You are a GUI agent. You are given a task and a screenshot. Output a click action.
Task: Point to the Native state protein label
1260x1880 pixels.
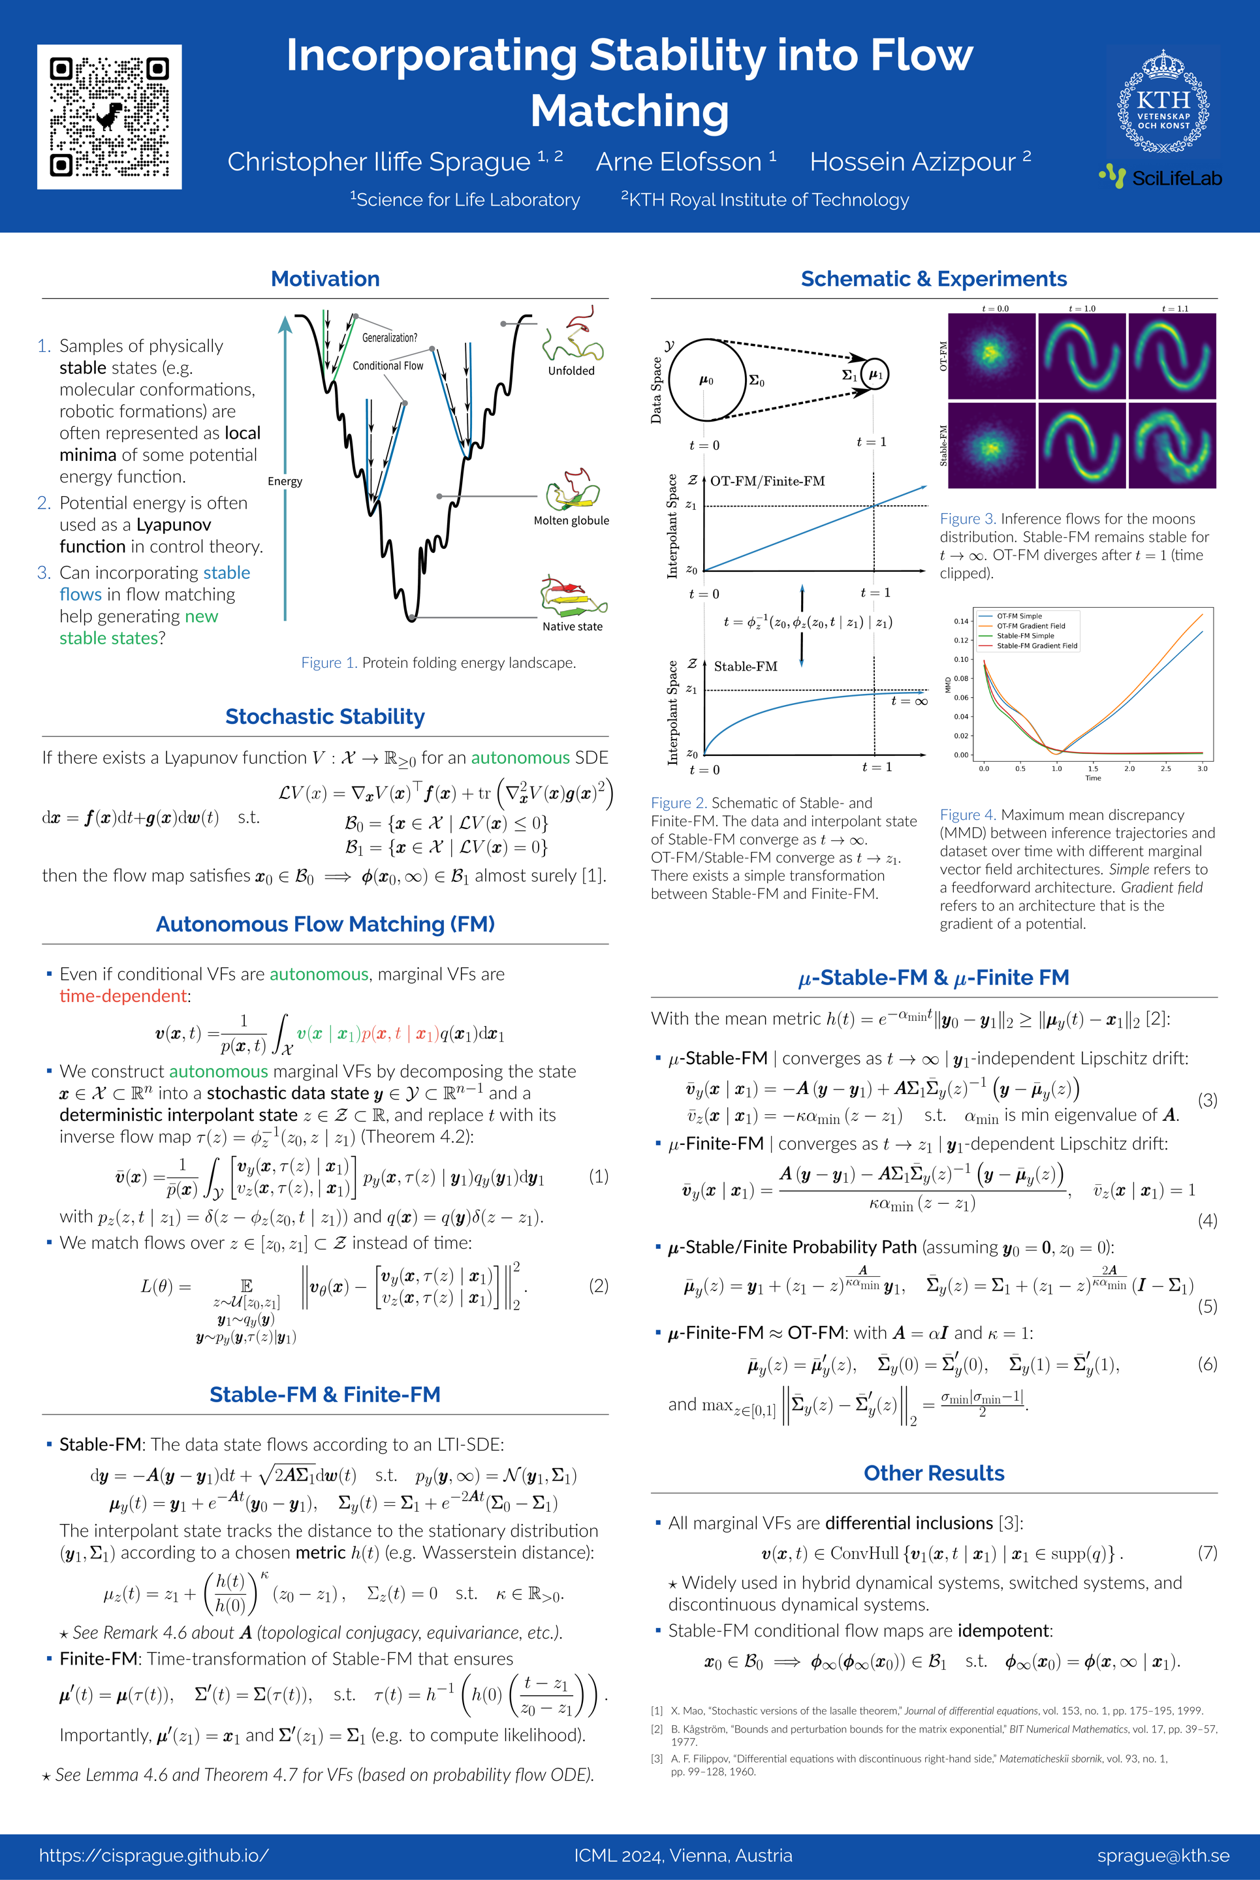click(x=572, y=627)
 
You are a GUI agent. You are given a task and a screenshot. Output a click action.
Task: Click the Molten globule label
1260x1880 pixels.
click(x=571, y=521)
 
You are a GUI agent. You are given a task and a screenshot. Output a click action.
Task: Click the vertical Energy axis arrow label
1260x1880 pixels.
click(x=285, y=481)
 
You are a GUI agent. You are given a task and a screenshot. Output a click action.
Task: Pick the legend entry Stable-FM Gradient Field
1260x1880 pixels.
click(x=1037, y=646)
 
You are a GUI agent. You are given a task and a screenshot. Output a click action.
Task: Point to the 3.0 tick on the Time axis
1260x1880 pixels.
click(x=1202, y=769)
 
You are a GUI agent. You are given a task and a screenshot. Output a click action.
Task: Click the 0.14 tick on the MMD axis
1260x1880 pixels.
click(x=961, y=621)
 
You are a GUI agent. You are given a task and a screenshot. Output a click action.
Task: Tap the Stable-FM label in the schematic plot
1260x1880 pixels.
click(x=745, y=666)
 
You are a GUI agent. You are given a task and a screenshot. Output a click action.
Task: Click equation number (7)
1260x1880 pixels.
click(x=1207, y=1552)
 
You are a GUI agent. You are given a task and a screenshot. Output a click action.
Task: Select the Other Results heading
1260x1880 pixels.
click(x=934, y=1473)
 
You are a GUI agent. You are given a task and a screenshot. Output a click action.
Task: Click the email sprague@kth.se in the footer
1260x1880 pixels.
click(x=1163, y=1855)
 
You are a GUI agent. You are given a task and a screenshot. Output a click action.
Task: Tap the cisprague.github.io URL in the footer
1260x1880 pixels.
click(x=153, y=1855)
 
